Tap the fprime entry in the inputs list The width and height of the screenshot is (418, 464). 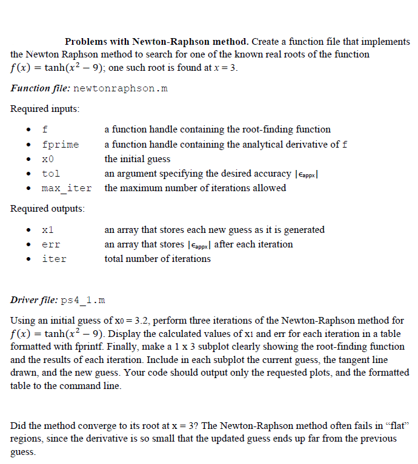point(60,145)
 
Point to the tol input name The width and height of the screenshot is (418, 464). point(51,174)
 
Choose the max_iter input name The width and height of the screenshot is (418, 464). point(67,188)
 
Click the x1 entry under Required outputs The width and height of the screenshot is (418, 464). point(48,230)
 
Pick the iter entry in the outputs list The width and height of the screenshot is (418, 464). point(54,259)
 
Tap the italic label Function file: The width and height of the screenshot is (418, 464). point(40,88)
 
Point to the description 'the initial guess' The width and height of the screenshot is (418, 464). point(138,159)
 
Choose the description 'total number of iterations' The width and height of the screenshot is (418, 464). point(158,259)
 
